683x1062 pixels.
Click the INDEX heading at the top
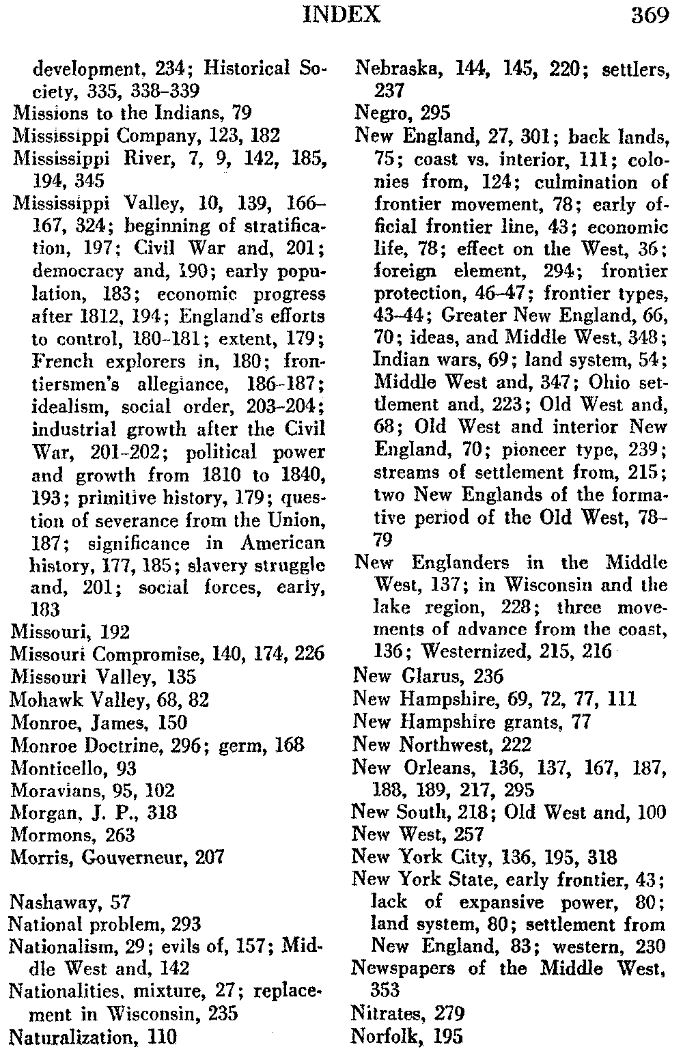tap(341, 14)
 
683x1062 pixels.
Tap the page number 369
tap(650, 14)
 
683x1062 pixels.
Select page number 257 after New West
tap(468, 834)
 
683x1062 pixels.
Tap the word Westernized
tap(463, 651)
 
